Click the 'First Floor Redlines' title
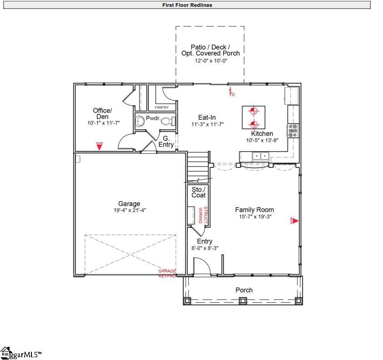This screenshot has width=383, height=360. pyautogui.click(x=187, y=5)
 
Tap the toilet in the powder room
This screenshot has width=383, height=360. pyautogui.click(x=166, y=121)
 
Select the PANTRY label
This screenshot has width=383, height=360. pyautogui.click(x=161, y=107)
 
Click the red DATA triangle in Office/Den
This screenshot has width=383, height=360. pyautogui.click(x=99, y=145)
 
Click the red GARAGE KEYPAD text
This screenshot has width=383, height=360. pyautogui.click(x=167, y=274)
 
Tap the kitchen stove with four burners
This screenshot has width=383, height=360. pyautogui.click(x=292, y=131)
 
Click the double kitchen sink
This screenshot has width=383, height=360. pyautogui.click(x=261, y=156)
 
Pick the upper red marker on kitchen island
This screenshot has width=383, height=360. pyautogui.click(x=254, y=111)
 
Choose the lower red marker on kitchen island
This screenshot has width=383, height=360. pyautogui.click(x=254, y=124)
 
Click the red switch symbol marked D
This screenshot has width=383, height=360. pyautogui.click(x=231, y=92)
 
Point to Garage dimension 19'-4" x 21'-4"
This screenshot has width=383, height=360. pyautogui.click(x=129, y=210)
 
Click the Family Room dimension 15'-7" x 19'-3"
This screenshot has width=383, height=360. pyautogui.click(x=254, y=217)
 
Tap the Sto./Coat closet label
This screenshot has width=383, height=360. pyautogui.click(x=198, y=192)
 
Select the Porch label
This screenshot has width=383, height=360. pyautogui.click(x=244, y=290)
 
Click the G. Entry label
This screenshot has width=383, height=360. pyautogui.click(x=166, y=142)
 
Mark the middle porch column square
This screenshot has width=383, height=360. pyautogui.click(x=242, y=300)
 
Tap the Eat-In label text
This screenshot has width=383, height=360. pyautogui.click(x=207, y=117)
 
